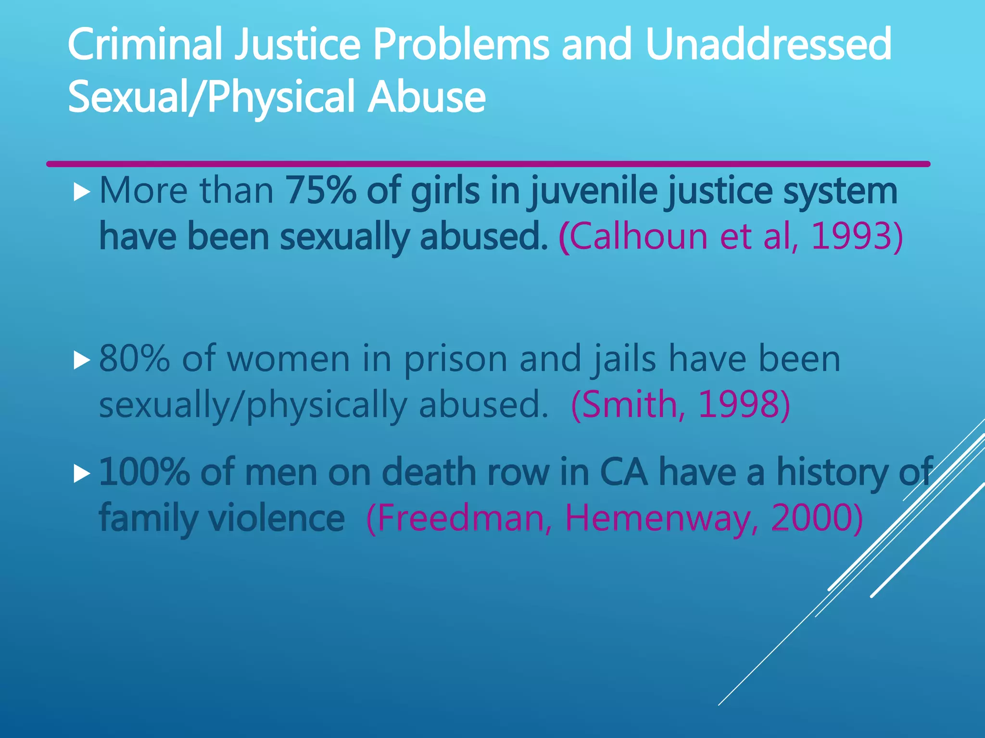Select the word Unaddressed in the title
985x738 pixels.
768,44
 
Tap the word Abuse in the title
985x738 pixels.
427,97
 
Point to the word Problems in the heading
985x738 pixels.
460,44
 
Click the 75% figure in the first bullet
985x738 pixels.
321,191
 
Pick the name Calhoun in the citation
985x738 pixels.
639,236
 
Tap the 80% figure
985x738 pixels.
134,358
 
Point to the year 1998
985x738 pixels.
738,404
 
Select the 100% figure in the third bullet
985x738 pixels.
144,473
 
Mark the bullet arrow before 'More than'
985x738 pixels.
82,193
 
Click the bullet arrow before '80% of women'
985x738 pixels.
82,360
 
